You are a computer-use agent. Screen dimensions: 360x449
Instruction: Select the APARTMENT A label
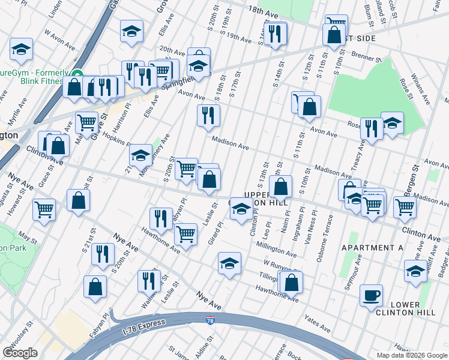pyautogui.click(x=372, y=247)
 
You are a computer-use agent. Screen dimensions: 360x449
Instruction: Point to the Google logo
pyautogui.click(x=20, y=353)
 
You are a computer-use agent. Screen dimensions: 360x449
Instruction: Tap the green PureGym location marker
pyautogui.click(x=76, y=75)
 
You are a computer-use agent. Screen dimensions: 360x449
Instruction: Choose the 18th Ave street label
pyautogui.click(x=264, y=11)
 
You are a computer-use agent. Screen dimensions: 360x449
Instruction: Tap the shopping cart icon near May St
pyautogui.click(x=44, y=210)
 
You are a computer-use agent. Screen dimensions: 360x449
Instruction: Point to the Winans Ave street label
pyautogui.click(x=423, y=95)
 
